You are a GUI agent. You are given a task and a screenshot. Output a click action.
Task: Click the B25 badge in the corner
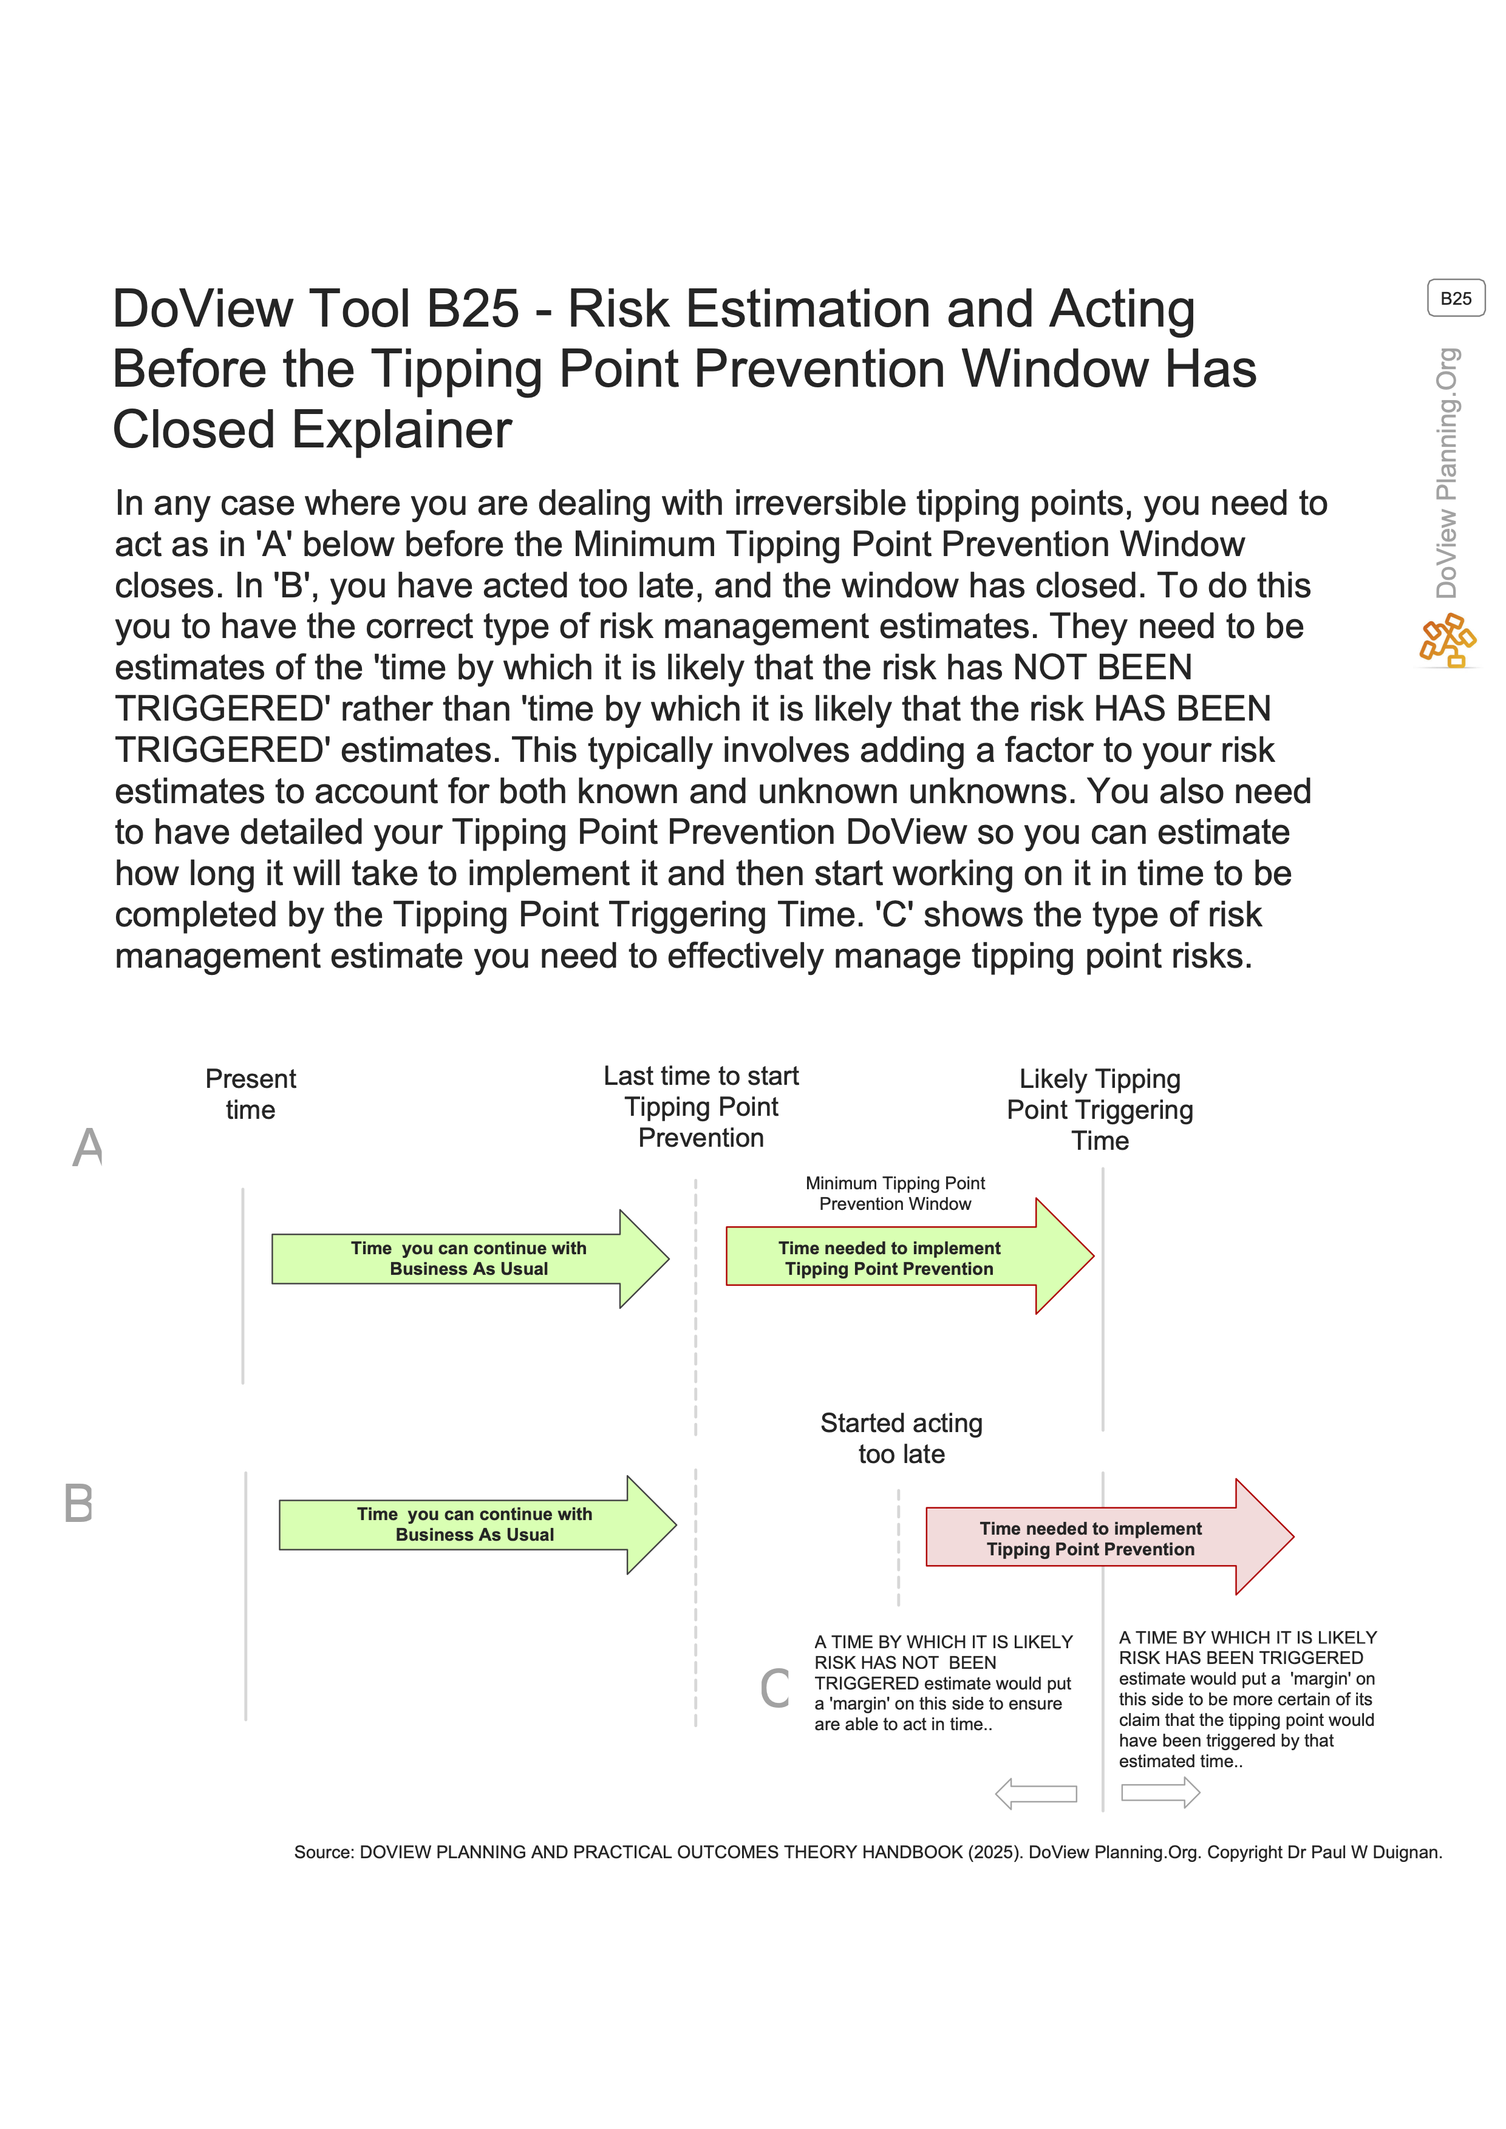tap(1455, 299)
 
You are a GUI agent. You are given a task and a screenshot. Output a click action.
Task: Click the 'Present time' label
tap(250, 1094)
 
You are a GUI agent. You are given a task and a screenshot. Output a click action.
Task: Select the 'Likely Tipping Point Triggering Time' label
tap(1100, 1109)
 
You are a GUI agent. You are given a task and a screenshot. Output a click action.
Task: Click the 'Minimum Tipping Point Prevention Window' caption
tap(895, 1194)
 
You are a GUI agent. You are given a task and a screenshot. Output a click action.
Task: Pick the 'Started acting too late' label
tap(901, 1438)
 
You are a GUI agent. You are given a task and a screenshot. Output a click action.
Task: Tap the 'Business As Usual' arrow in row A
tap(468, 1258)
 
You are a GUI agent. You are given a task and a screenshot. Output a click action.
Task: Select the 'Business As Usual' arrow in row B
tap(475, 1524)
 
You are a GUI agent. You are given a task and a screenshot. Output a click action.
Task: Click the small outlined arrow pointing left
tap(1036, 1793)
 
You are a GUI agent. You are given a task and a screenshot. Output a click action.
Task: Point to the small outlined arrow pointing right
tap(1160, 1793)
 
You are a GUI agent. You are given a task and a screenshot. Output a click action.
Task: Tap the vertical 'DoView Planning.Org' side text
tap(1446, 473)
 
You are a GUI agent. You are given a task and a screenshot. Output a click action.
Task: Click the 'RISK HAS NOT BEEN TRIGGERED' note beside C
tap(943, 1682)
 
